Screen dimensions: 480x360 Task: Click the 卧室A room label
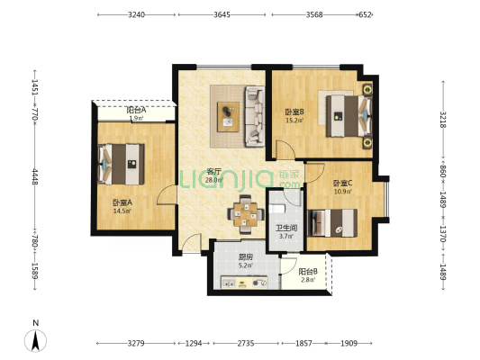[x=122, y=202]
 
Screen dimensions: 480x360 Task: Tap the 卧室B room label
[x=294, y=112]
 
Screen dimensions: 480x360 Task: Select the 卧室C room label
[x=343, y=184]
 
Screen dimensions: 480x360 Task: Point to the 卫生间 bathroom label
[x=286, y=228]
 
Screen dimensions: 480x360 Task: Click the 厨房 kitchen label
[x=246, y=257]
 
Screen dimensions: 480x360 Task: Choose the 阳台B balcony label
[x=308, y=271]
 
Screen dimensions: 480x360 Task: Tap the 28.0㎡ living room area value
[x=213, y=180]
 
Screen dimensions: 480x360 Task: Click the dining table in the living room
[x=246, y=214]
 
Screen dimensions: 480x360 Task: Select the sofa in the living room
[x=255, y=116]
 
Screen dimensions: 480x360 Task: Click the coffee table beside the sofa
[x=228, y=117]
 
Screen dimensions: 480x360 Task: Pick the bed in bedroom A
[x=122, y=164]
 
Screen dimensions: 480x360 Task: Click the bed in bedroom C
[x=332, y=223]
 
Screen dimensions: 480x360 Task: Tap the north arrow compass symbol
[x=35, y=341]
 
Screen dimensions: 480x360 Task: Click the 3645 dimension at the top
[x=222, y=14]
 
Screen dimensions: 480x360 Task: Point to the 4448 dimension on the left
[x=34, y=176]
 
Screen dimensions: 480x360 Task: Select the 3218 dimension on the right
[x=443, y=120]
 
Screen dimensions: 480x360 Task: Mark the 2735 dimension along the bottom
[x=246, y=344]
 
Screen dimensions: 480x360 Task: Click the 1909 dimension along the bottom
[x=349, y=344]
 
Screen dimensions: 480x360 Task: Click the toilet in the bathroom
[x=277, y=209]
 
